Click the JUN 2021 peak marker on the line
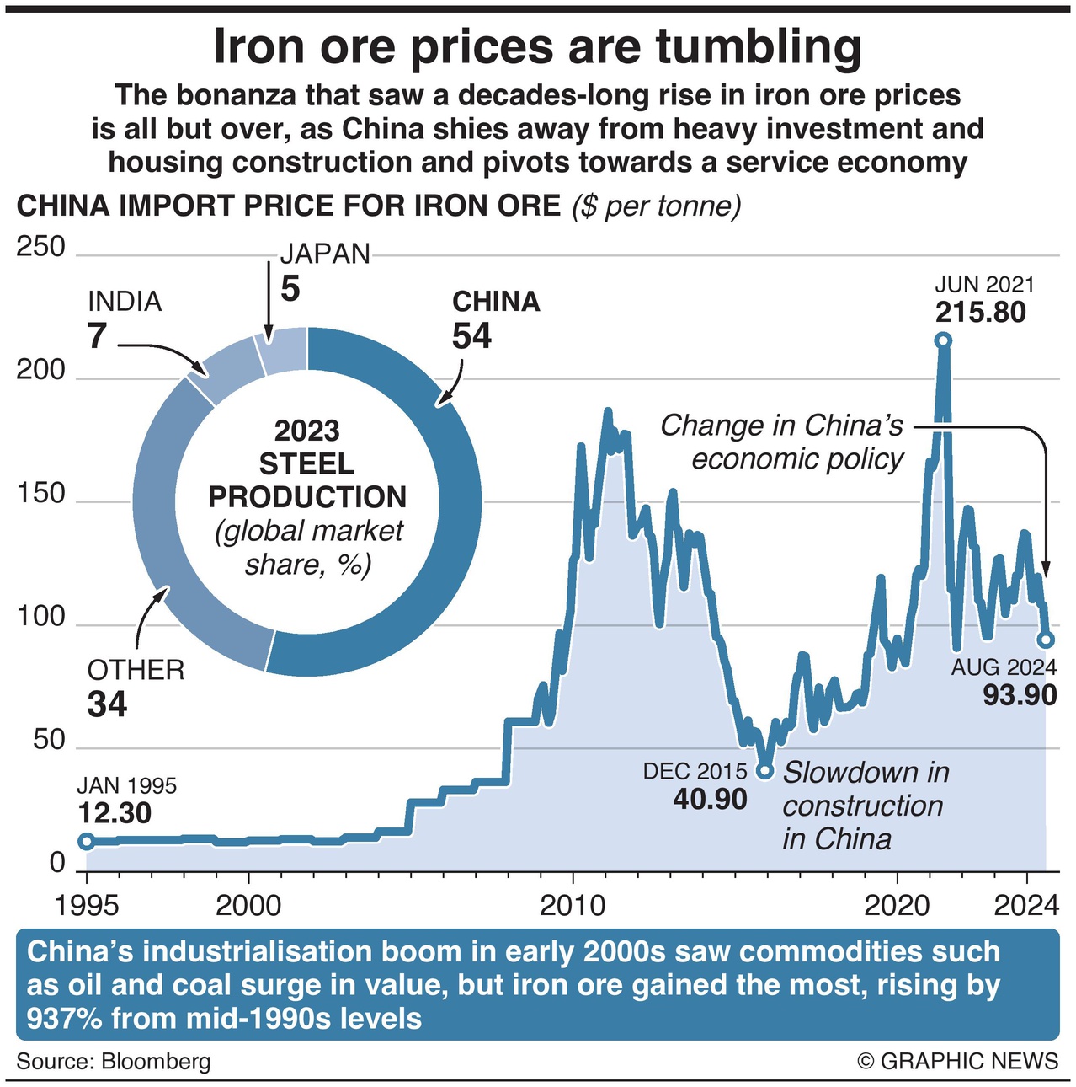943,340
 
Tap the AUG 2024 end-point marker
1046,640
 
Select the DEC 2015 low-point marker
764,770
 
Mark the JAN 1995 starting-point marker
86,841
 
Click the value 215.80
981,313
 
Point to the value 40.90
710,799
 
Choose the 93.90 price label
1019,695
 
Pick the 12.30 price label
115,813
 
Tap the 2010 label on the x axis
573,906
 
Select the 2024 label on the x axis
1026,906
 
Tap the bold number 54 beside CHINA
471,336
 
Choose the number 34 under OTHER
107,704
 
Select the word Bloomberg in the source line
156,1061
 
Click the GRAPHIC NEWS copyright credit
957,1061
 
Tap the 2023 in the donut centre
307,431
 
